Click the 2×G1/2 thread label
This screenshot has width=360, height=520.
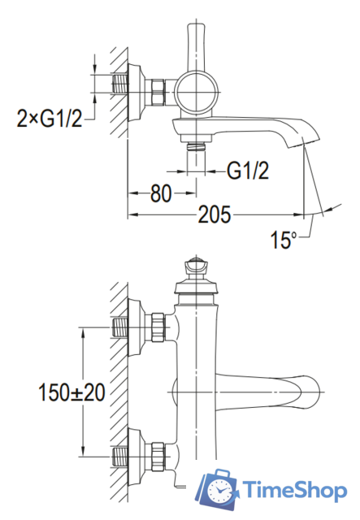point(49,119)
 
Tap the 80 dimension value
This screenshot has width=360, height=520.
point(161,193)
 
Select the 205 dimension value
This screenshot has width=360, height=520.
point(214,214)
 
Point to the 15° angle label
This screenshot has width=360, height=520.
point(284,240)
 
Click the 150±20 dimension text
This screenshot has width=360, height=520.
point(72,392)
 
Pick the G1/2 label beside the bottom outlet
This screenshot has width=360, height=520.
point(248,171)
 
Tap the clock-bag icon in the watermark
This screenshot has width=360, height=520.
point(217,489)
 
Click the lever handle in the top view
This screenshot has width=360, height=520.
point(197,47)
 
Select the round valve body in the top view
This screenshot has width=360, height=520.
point(197,92)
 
